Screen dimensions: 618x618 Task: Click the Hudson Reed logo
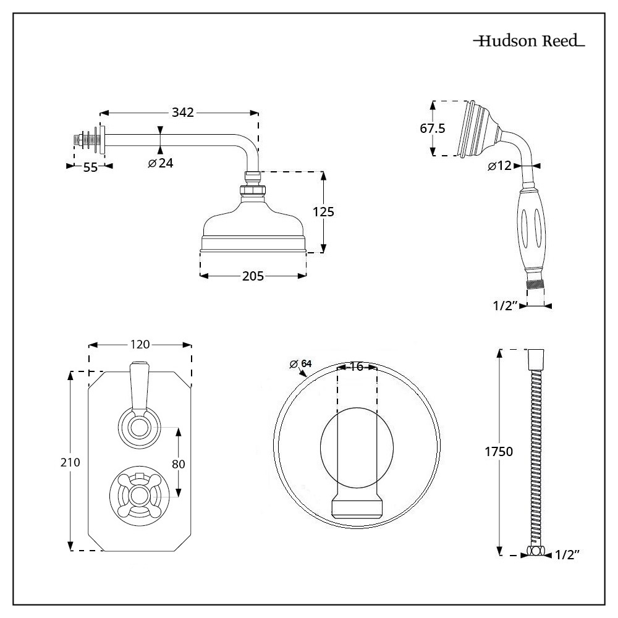(x=529, y=42)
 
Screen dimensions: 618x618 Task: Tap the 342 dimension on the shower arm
(x=183, y=112)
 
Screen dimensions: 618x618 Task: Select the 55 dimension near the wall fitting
(x=90, y=167)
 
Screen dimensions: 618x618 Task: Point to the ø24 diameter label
(x=161, y=163)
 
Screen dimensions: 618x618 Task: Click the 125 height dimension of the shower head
(x=323, y=212)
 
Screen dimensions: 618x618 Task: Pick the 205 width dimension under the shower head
(x=253, y=276)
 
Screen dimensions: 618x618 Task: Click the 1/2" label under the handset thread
(x=505, y=305)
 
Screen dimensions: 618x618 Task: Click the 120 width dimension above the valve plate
(x=140, y=345)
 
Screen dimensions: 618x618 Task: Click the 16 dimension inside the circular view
(x=356, y=366)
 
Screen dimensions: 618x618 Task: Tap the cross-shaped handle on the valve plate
(x=140, y=494)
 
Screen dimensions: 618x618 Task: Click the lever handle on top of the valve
(x=140, y=386)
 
